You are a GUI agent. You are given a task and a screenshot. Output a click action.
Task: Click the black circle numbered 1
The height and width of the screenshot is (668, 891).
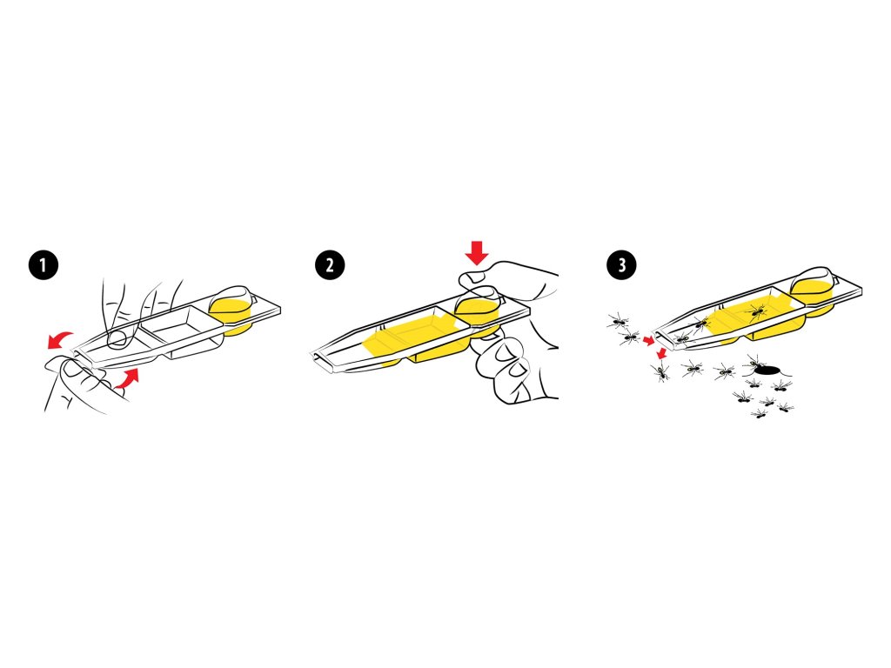click(x=44, y=264)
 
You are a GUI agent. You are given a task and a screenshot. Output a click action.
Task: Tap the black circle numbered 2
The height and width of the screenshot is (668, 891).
click(x=330, y=264)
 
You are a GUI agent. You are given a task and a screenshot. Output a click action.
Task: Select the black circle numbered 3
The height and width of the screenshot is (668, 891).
click(x=621, y=264)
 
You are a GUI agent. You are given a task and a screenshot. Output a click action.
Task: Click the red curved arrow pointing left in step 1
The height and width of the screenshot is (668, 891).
click(x=59, y=339)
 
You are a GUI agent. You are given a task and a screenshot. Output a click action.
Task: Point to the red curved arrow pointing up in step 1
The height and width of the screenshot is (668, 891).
click(x=127, y=378)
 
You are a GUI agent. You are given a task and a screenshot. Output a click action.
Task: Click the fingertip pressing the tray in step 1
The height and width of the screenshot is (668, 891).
click(x=117, y=338)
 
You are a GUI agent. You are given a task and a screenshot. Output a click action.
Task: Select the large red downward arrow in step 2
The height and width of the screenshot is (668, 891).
click(x=476, y=252)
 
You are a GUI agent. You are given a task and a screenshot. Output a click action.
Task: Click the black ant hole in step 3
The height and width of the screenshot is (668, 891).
click(x=767, y=371)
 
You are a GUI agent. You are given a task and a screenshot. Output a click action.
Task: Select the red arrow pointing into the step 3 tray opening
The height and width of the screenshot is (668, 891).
click(x=648, y=340)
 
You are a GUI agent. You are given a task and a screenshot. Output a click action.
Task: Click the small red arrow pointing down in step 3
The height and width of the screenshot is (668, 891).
click(x=660, y=354)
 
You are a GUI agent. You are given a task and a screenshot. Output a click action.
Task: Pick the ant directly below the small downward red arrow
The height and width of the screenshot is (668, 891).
click(x=660, y=371)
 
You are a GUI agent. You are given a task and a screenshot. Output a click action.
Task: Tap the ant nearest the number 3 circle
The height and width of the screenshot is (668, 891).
click(x=619, y=322)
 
